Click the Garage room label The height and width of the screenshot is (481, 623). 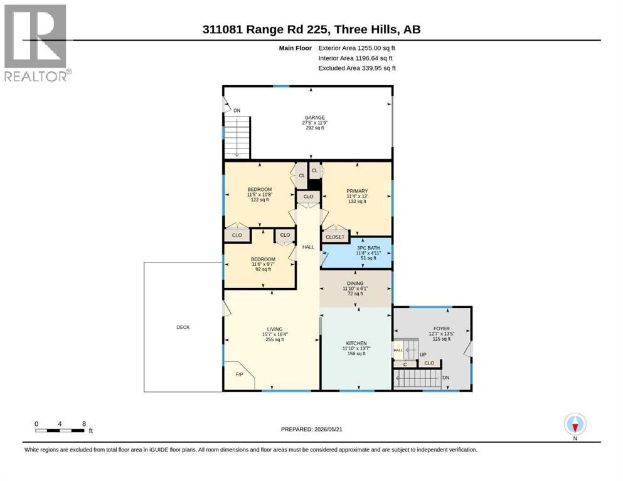(x=315, y=123)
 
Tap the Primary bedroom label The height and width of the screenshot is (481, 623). (x=357, y=196)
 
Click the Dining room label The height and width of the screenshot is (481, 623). (x=355, y=288)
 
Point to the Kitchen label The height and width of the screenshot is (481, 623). (x=356, y=348)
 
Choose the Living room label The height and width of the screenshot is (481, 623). (x=275, y=334)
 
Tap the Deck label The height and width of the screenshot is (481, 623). (x=183, y=327)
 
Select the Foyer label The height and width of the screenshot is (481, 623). (x=442, y=333)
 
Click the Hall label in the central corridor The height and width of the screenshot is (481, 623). (x=308, y=247)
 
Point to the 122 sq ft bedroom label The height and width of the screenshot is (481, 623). (x=260, y=194)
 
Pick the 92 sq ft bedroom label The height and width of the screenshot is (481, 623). (x=263, y=264)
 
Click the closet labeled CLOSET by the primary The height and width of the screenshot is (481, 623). (x=335, y=236)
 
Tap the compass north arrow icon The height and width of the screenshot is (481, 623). (x=575, y=425)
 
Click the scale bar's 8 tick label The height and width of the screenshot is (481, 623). (x=84, y=424)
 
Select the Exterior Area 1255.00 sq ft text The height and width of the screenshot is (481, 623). (x=357, y=48)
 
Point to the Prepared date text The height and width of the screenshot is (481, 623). (x=311, y=429)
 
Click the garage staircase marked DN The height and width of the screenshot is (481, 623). (x=237, y=137)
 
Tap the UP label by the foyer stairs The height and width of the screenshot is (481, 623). (x=423, y=354)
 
